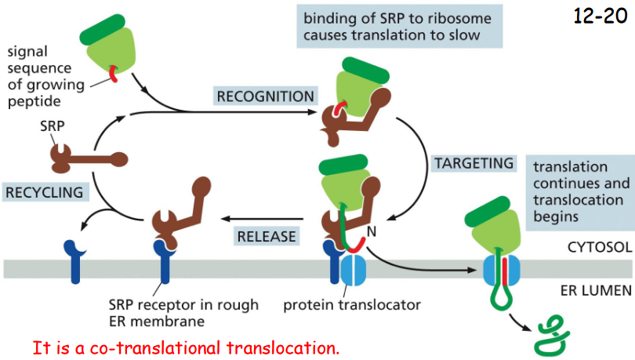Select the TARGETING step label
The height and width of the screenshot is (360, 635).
click(x=473, y=163)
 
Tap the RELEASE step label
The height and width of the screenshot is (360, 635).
click(x=267, y=235)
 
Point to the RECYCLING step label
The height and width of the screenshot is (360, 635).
click(x=44, y=191)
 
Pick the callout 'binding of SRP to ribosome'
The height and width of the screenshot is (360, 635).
click(x=399, y=27)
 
